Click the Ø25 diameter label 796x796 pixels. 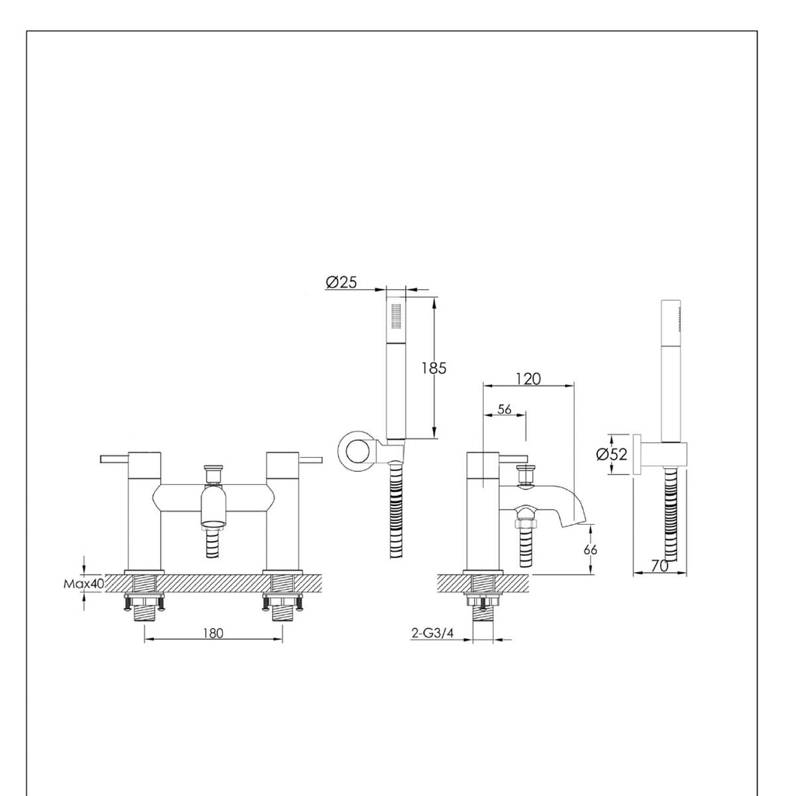click(x=341, y=283)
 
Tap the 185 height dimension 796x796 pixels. click(x=434, y=368)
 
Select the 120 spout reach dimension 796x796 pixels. click(x=528, y=379)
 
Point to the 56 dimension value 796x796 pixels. click(x=504, y=410)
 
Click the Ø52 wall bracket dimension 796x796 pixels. click(x=612, y=455)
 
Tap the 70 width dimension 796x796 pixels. click(x=660, y=567)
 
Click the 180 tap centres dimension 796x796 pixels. click(x=214, y=633)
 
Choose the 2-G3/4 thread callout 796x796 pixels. click(x=432, y=633)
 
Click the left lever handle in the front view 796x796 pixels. click(x=114, y=459)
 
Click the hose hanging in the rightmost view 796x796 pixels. click(x=672, y=517)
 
